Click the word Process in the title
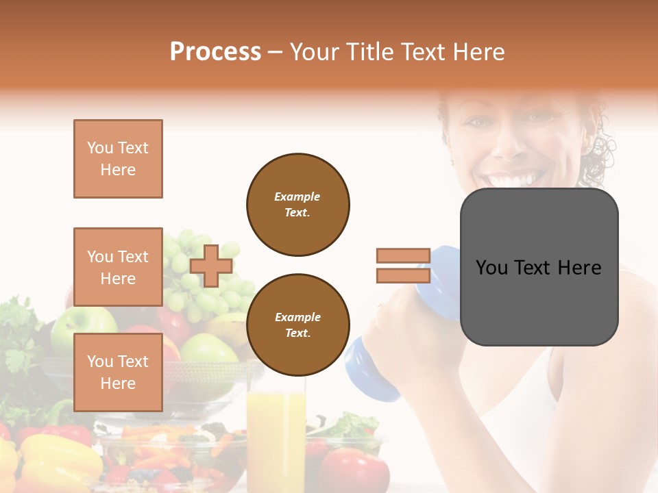click(215, 52)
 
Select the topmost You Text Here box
click(118, 159)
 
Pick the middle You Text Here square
click(118, 267)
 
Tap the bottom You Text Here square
click(118, 372)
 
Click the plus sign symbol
click(211, 266)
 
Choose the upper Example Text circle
click(297, 205)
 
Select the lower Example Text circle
click(297, 325)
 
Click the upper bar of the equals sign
click(403, 255)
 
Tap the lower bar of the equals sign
click(403, 275)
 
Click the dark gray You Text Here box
click(539, 267)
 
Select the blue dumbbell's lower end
click(370, 373)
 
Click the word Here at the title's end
click(477, 52)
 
